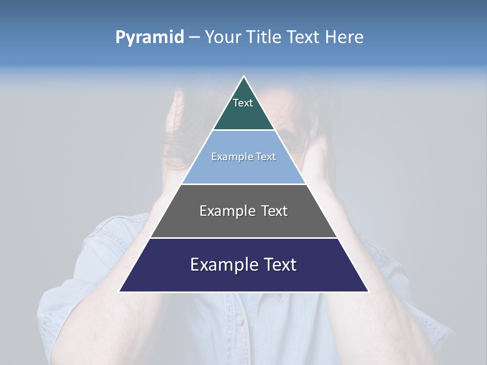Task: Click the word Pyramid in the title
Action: coord(150,38)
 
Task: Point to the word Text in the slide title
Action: coord(303,38)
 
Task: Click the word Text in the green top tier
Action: coord(243,103)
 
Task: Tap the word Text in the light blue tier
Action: coord(266,157)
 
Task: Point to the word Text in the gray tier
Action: coord(274,211)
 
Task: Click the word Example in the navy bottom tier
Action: coord(224,265)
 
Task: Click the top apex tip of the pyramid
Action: coord(244,77)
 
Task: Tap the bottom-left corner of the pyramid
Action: coord(119,291)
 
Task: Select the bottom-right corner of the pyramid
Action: coord(368,291)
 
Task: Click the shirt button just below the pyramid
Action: coord(239,320)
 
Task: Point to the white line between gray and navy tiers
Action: coord(243,238)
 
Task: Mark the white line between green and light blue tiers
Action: coord(243,130)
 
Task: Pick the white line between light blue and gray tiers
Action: coord(243,184)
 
